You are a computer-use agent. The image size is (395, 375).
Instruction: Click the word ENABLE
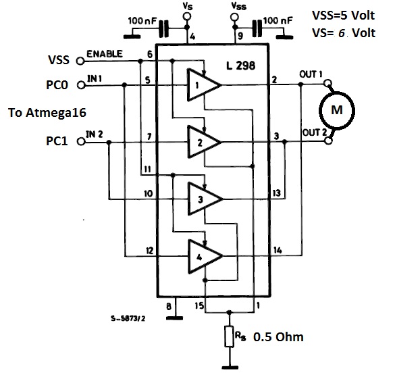pos(105,54)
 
